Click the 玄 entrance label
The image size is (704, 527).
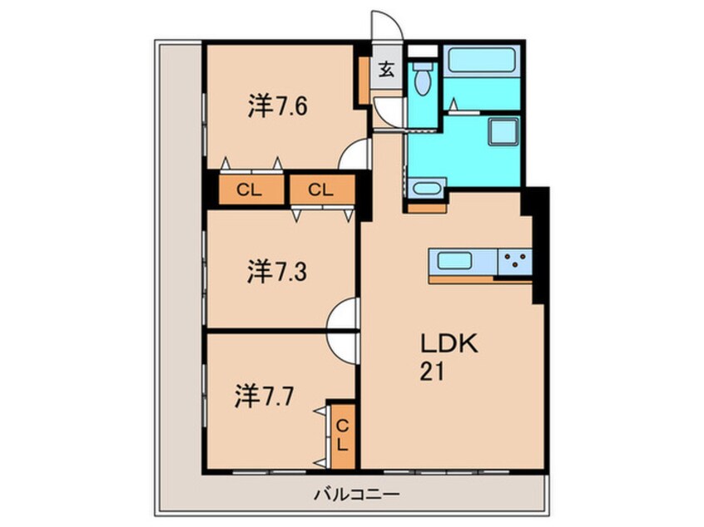pyautogui.click(x=386, y=70)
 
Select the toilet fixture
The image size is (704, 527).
pyautogui.click(x=422, y=79)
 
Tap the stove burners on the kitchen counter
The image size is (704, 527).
pyautogui.click(x=515, y=262)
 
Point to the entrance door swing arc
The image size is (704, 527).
pyautogui.click(x=384, y=23)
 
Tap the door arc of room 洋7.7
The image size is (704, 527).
pyautogui.click(x=344, y=343)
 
